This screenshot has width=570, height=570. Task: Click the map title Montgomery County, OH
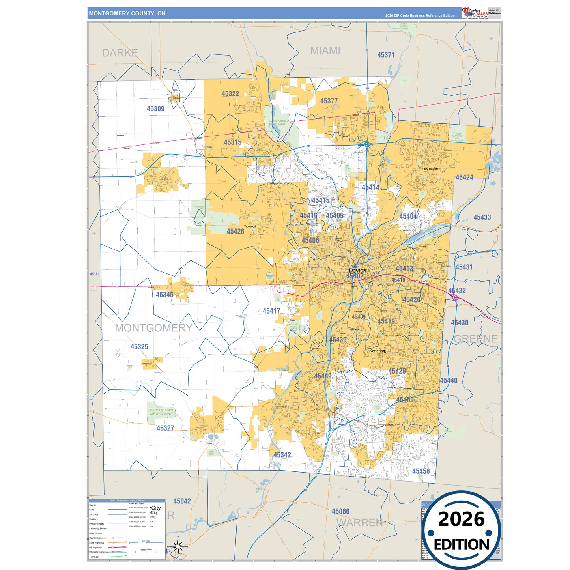click(127, 13)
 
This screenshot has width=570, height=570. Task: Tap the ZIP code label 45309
click(155, 109)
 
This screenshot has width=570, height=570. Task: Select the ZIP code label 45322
click(230, 94)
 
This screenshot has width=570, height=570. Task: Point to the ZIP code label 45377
click(329, 101)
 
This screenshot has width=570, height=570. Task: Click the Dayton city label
click(357, 271)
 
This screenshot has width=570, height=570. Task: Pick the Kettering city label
click(377, 351)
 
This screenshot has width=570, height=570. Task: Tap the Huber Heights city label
click(429, 169)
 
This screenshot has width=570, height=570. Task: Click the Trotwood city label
click(250, 226)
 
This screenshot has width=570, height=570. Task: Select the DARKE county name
click(120, 53)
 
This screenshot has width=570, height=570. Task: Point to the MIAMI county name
click(325, 51)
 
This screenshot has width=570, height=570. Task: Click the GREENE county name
click(476, 339)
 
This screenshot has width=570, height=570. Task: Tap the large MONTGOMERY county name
click(153, 328)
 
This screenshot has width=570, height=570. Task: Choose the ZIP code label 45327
click(165, 428)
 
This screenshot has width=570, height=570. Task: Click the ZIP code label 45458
click(421, 471)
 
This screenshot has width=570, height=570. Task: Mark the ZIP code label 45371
click(386, 55)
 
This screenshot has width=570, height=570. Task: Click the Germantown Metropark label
click(161, 412)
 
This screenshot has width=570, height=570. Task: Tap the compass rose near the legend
click(178, 547)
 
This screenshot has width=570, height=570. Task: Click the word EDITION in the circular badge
click(462, 545)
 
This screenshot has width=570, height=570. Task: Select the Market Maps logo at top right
click(475, 13)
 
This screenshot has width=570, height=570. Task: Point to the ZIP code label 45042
click(182, 501)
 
